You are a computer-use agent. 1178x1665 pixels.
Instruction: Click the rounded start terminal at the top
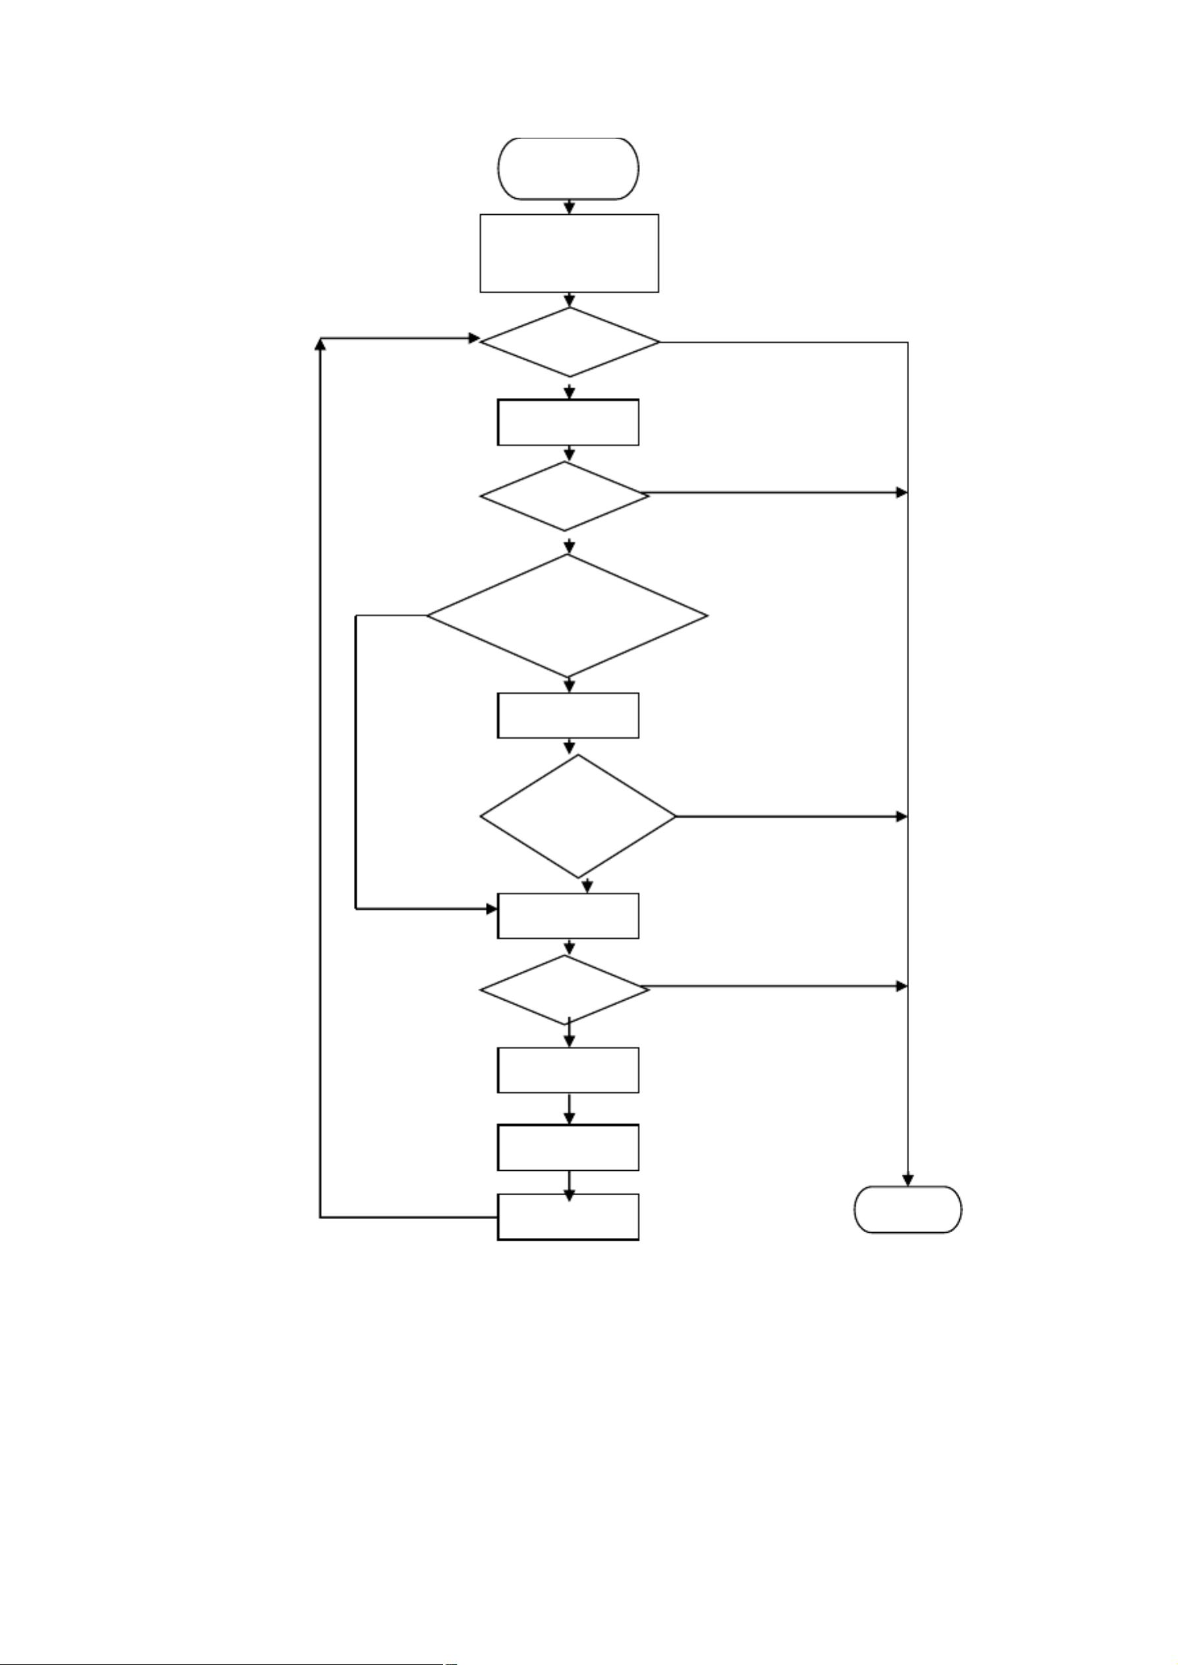point(569,168)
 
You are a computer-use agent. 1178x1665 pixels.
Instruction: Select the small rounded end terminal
point(908,1209)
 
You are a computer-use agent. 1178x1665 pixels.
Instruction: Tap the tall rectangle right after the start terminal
point(570,253)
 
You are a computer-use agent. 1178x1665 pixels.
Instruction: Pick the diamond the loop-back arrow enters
point(570,342)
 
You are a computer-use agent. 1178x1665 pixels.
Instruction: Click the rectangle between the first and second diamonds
point(568,422)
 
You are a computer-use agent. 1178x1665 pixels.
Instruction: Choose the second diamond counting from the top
point(565,496)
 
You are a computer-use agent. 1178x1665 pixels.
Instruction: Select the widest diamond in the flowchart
point(567,615)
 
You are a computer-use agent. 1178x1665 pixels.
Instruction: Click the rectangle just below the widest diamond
point(568,715)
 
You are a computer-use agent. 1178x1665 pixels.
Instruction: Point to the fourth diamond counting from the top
point(578,816)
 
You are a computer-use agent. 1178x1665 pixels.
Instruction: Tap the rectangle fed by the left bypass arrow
point(568,915)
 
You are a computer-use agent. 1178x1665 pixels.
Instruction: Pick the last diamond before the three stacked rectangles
point(565,989)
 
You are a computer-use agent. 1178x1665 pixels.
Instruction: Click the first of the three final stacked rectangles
point(568,1069)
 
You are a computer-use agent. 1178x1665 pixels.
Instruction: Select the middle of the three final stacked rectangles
point(568,1146)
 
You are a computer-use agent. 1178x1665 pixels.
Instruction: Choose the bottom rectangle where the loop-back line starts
point(568,1217)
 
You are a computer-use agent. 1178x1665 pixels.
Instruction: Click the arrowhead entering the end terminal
point(908,1180)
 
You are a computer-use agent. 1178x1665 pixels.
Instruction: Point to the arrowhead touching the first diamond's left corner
point(474,338)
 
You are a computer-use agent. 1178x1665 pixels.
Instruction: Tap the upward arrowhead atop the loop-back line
point(320,345)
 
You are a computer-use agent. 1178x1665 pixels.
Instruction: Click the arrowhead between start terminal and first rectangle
point(570,208)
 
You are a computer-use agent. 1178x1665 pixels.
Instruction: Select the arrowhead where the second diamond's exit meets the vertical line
point(902,493)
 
